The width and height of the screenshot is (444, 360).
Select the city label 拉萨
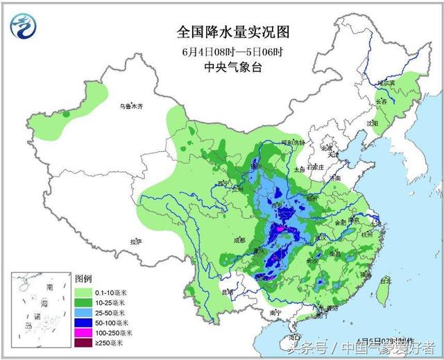point(135,241)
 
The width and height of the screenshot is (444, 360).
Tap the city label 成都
point(239,240)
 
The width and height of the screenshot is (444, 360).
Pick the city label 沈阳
point(373,123)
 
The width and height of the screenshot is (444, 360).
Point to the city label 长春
point(382,102)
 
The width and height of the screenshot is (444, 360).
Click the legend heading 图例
point(83,277)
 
